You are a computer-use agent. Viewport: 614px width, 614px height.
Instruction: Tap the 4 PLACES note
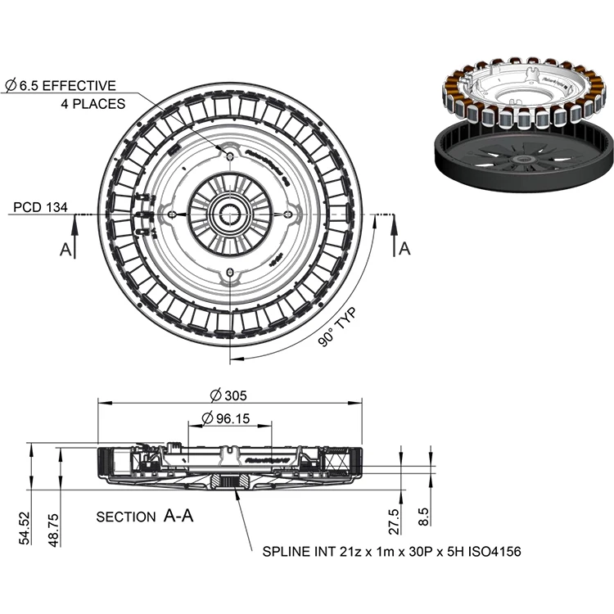[x=93, y=104]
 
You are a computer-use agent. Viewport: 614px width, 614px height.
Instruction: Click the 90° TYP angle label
[x=339, y=327]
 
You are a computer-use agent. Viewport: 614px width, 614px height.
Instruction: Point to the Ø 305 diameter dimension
[x=228, y=395]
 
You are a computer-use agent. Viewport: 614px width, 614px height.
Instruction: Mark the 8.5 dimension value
[x=423, y=517]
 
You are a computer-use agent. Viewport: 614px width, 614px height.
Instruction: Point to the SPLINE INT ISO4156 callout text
[x=391, y=552]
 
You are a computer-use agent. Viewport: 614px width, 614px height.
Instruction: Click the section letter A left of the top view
[x=65, y=249]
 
